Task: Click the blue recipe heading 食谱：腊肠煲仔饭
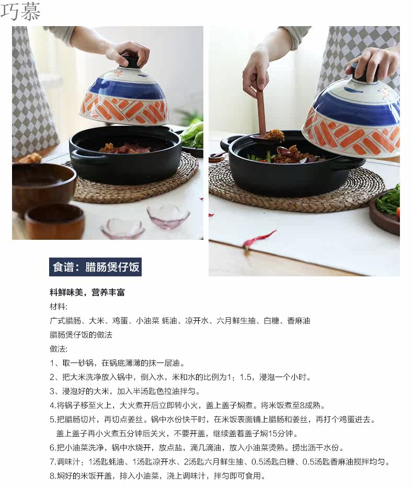[x=95, y=267]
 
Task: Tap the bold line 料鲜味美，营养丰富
[x=87, y=292]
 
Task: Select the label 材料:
[x=59, y=307]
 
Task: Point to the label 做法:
[x=59, y=348]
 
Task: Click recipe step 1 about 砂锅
[x=117, y=363]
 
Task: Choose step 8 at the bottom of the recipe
[x=158, y=475]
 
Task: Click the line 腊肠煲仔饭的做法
[x=81, y=335]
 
